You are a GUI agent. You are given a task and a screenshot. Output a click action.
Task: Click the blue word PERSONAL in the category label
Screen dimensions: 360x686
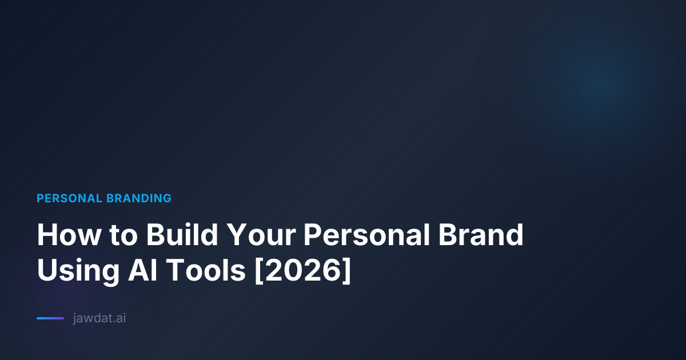(69, 198)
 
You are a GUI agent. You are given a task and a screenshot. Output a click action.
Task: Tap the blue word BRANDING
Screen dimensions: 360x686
(138, 198)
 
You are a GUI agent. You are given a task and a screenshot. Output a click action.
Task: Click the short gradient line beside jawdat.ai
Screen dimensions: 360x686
(50, 318)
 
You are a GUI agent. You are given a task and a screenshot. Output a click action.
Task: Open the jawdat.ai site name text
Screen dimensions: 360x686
(99, 318)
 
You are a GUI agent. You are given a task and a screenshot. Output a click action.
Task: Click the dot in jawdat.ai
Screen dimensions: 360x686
(114, 322)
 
